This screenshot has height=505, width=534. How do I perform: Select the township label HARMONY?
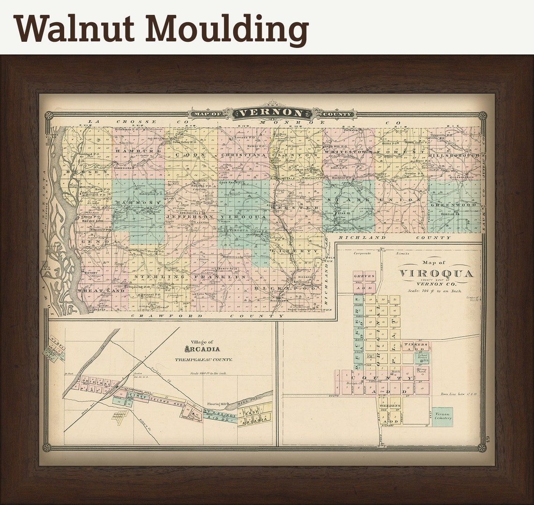click(139, 202)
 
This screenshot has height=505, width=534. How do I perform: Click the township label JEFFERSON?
click(190, 217)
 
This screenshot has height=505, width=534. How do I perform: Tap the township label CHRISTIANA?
click(243, 155)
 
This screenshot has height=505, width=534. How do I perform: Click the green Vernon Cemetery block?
click(442, 416)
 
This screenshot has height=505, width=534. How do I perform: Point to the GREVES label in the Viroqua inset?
click(364, 277)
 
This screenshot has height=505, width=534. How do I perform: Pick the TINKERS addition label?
click(416, 345)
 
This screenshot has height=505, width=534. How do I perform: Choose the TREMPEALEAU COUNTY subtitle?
click(203, 360)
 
